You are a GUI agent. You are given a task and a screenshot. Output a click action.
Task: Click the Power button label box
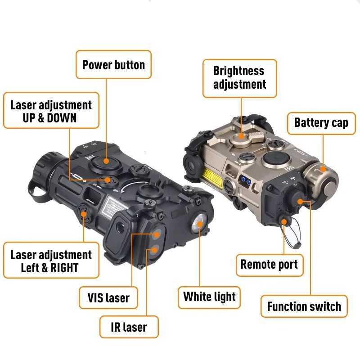pos(113,65)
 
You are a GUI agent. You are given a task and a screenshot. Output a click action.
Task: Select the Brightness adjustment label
pos(239,78)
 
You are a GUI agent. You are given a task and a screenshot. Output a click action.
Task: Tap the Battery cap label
pos(321,123)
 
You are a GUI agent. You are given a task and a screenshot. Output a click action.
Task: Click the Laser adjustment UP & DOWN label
pos(51,111)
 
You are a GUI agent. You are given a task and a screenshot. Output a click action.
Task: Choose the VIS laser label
pos(108,297)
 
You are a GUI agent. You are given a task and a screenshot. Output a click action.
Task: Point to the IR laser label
pos(129,326)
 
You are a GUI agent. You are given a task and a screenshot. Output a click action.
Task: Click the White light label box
pos(209,297)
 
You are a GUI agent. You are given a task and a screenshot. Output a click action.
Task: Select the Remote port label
pos(269,264)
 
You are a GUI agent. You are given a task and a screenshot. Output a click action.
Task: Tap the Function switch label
pos(304,306)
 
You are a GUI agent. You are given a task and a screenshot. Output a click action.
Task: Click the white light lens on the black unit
pos(198,224)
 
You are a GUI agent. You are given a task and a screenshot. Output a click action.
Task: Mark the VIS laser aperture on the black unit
pos(157,234)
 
